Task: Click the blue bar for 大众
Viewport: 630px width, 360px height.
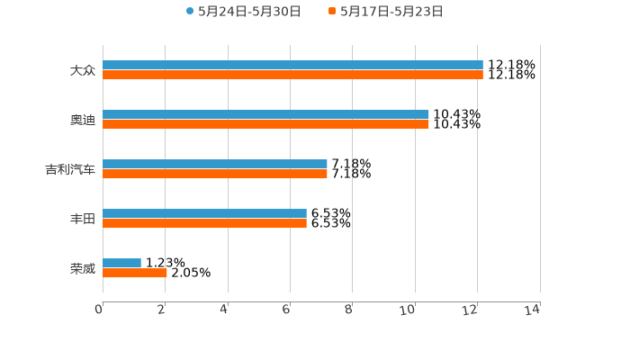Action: [292, 65]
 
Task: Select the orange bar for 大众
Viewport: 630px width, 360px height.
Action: [292, 75]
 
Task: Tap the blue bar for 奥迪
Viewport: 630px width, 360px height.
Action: [265, 114]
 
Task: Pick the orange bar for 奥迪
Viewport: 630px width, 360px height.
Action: [265, 124]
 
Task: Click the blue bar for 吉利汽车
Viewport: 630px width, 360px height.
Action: [214, 164]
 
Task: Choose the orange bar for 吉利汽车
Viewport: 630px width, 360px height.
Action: [214, 174]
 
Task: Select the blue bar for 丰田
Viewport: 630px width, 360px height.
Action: [204, 213]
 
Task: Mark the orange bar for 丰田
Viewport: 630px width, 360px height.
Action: [204, 223]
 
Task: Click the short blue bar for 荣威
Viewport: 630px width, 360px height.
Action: [121, 263]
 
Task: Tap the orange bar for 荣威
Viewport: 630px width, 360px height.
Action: [135, 273]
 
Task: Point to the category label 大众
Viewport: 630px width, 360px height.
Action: [82, 70]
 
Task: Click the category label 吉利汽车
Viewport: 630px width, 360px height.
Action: [70, 169]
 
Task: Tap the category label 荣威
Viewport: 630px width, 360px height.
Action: [82, 268]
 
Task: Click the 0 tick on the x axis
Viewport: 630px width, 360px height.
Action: [100, 310]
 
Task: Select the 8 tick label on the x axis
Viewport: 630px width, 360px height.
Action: [348, 310]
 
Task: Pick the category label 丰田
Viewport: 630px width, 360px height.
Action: [82, 219]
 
